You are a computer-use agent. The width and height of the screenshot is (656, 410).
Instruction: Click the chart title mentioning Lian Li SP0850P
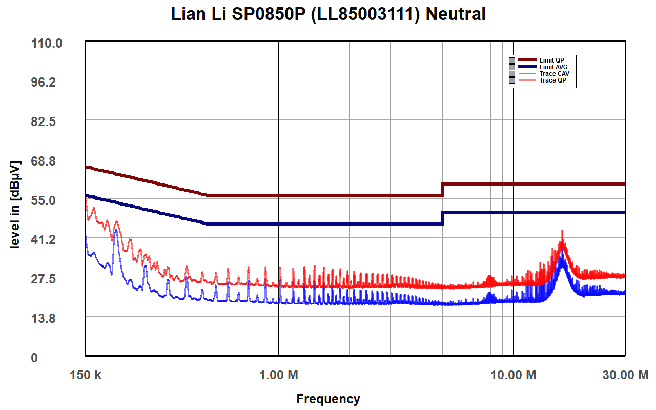328,14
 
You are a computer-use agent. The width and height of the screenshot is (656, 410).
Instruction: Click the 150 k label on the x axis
86,375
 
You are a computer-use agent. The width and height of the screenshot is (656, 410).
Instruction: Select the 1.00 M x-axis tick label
279,375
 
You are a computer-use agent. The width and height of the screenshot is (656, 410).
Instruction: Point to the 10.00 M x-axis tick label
514,375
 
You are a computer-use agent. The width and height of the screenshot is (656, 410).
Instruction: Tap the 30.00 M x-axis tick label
625,375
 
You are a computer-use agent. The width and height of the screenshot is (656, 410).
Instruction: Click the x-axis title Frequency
328,399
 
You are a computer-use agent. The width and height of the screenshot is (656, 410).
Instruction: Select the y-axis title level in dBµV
15,205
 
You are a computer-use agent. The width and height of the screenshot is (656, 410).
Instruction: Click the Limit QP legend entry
551,60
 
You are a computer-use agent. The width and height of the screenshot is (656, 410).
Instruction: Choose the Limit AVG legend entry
553,67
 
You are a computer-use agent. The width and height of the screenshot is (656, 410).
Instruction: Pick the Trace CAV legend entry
554,74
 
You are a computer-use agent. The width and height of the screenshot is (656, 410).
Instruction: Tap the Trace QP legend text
552,80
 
